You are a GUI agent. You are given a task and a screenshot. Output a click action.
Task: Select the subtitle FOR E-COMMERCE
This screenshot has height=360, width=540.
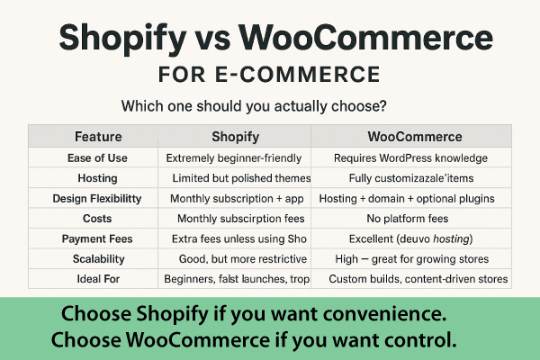(268, 73)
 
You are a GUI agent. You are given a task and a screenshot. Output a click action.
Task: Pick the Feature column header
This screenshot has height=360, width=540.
(98, 137)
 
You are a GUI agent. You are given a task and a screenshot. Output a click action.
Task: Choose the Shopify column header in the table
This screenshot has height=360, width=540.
(236, 137)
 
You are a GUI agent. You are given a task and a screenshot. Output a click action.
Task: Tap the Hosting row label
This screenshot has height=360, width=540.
(98, 178)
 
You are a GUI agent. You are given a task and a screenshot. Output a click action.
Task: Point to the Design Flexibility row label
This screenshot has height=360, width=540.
(97, 198)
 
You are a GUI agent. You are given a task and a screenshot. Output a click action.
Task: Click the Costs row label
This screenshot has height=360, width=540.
(98, 219)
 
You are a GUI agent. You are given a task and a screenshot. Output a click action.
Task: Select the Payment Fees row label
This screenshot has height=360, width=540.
(97, 238)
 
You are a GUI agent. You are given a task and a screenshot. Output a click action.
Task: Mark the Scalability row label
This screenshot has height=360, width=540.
(98, 258)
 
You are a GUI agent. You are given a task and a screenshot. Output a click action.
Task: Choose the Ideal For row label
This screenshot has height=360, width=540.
(97, 279)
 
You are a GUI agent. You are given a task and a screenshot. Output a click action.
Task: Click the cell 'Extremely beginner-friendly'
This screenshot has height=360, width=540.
(234, 157)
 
